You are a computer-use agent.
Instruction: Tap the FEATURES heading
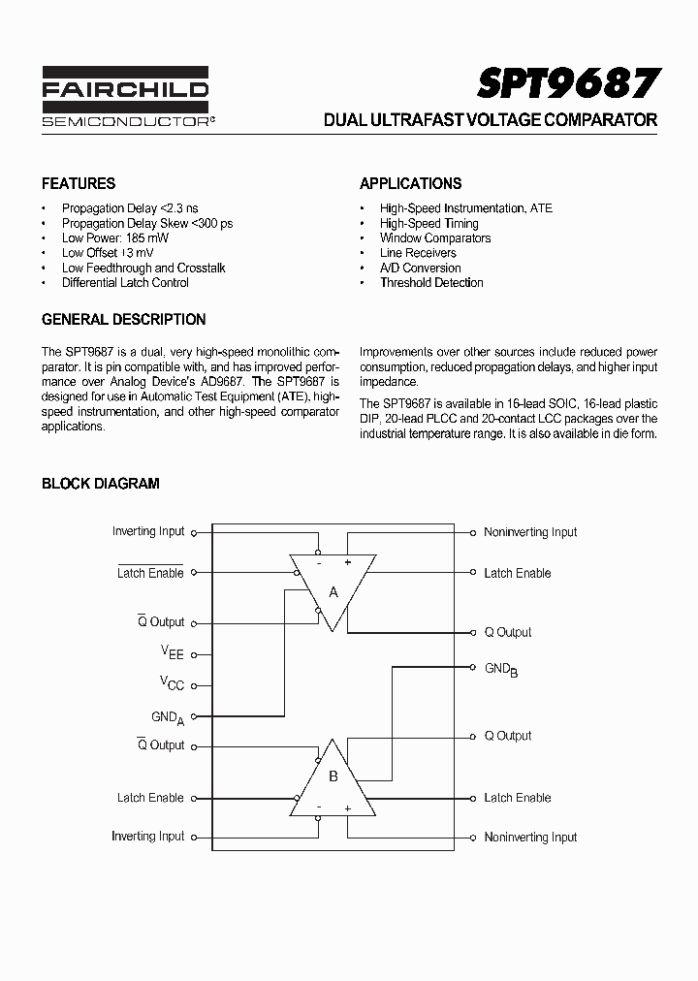79,183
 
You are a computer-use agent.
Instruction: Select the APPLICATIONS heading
410,183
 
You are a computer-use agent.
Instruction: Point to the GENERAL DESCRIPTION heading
123,319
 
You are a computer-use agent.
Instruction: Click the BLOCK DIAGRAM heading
100,483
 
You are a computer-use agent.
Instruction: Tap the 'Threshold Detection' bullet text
431,283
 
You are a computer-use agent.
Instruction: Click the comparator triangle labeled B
333,776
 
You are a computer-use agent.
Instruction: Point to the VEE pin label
172,653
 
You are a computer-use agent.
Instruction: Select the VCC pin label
172,683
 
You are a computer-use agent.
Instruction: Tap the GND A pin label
167,717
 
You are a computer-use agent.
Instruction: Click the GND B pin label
501,669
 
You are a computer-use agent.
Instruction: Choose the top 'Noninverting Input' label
530,532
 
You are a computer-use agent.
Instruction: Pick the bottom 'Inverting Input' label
147,836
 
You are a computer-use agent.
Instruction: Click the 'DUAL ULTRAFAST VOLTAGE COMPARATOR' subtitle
490,121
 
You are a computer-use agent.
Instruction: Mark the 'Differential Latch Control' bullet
125,283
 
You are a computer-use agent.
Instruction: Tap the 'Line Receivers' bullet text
418,253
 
